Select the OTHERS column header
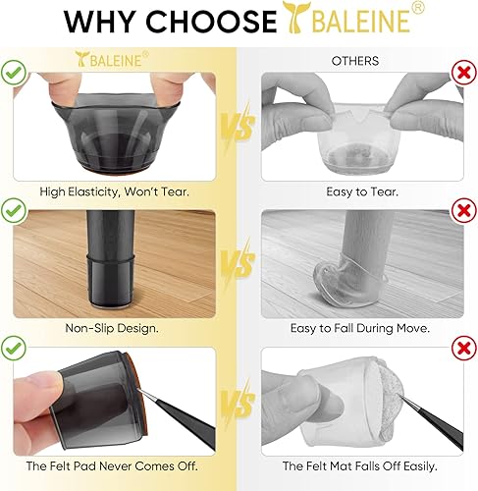(355, 61)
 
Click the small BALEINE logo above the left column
(113, 61)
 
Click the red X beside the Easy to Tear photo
(463, 72)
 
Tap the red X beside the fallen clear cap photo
(463, 209)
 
